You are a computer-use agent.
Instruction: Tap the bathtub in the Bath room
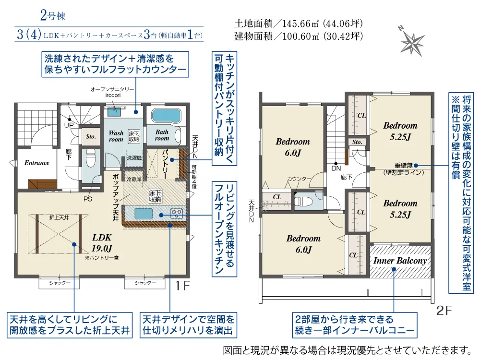166,116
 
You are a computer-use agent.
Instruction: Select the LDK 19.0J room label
102,243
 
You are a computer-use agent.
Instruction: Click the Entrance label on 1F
37,163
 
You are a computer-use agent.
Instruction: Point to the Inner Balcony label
400,261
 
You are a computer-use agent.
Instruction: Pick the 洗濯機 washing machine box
134,158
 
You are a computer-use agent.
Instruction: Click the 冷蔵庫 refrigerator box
134,179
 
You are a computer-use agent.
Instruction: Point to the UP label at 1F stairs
69,125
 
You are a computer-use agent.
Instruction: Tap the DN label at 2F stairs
336,168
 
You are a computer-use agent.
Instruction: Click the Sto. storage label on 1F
91,136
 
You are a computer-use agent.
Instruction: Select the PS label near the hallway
88,199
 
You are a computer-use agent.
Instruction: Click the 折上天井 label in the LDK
59,217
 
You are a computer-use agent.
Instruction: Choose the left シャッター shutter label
60,283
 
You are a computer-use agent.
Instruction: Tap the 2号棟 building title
53,15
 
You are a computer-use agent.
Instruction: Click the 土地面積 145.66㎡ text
299,24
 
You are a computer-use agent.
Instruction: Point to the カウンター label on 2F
299,179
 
